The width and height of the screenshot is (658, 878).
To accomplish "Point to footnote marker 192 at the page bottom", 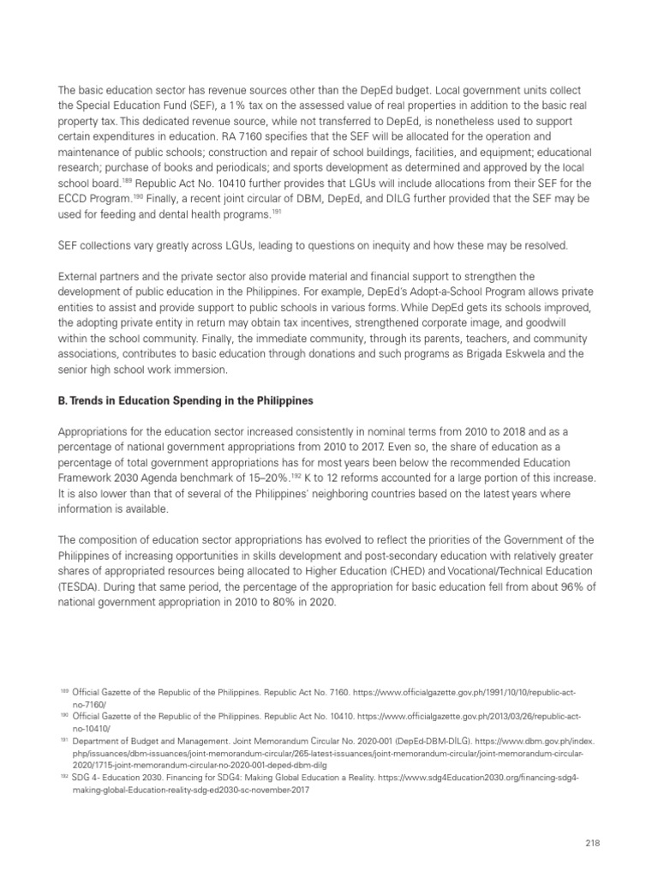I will click(x=64, y=775).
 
